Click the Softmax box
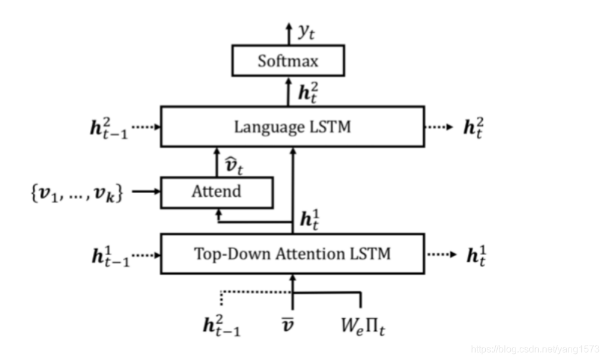[x=287, y=61]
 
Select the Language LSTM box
[x=292, y=126]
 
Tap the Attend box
[x=217, y=192]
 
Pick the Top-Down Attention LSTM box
[x=292, y=254]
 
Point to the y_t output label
[x=306, y=32]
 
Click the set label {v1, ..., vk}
[x=76, y=193]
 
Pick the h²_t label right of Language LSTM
[x=474, y=128]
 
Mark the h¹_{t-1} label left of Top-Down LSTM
[x=110, y=255]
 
